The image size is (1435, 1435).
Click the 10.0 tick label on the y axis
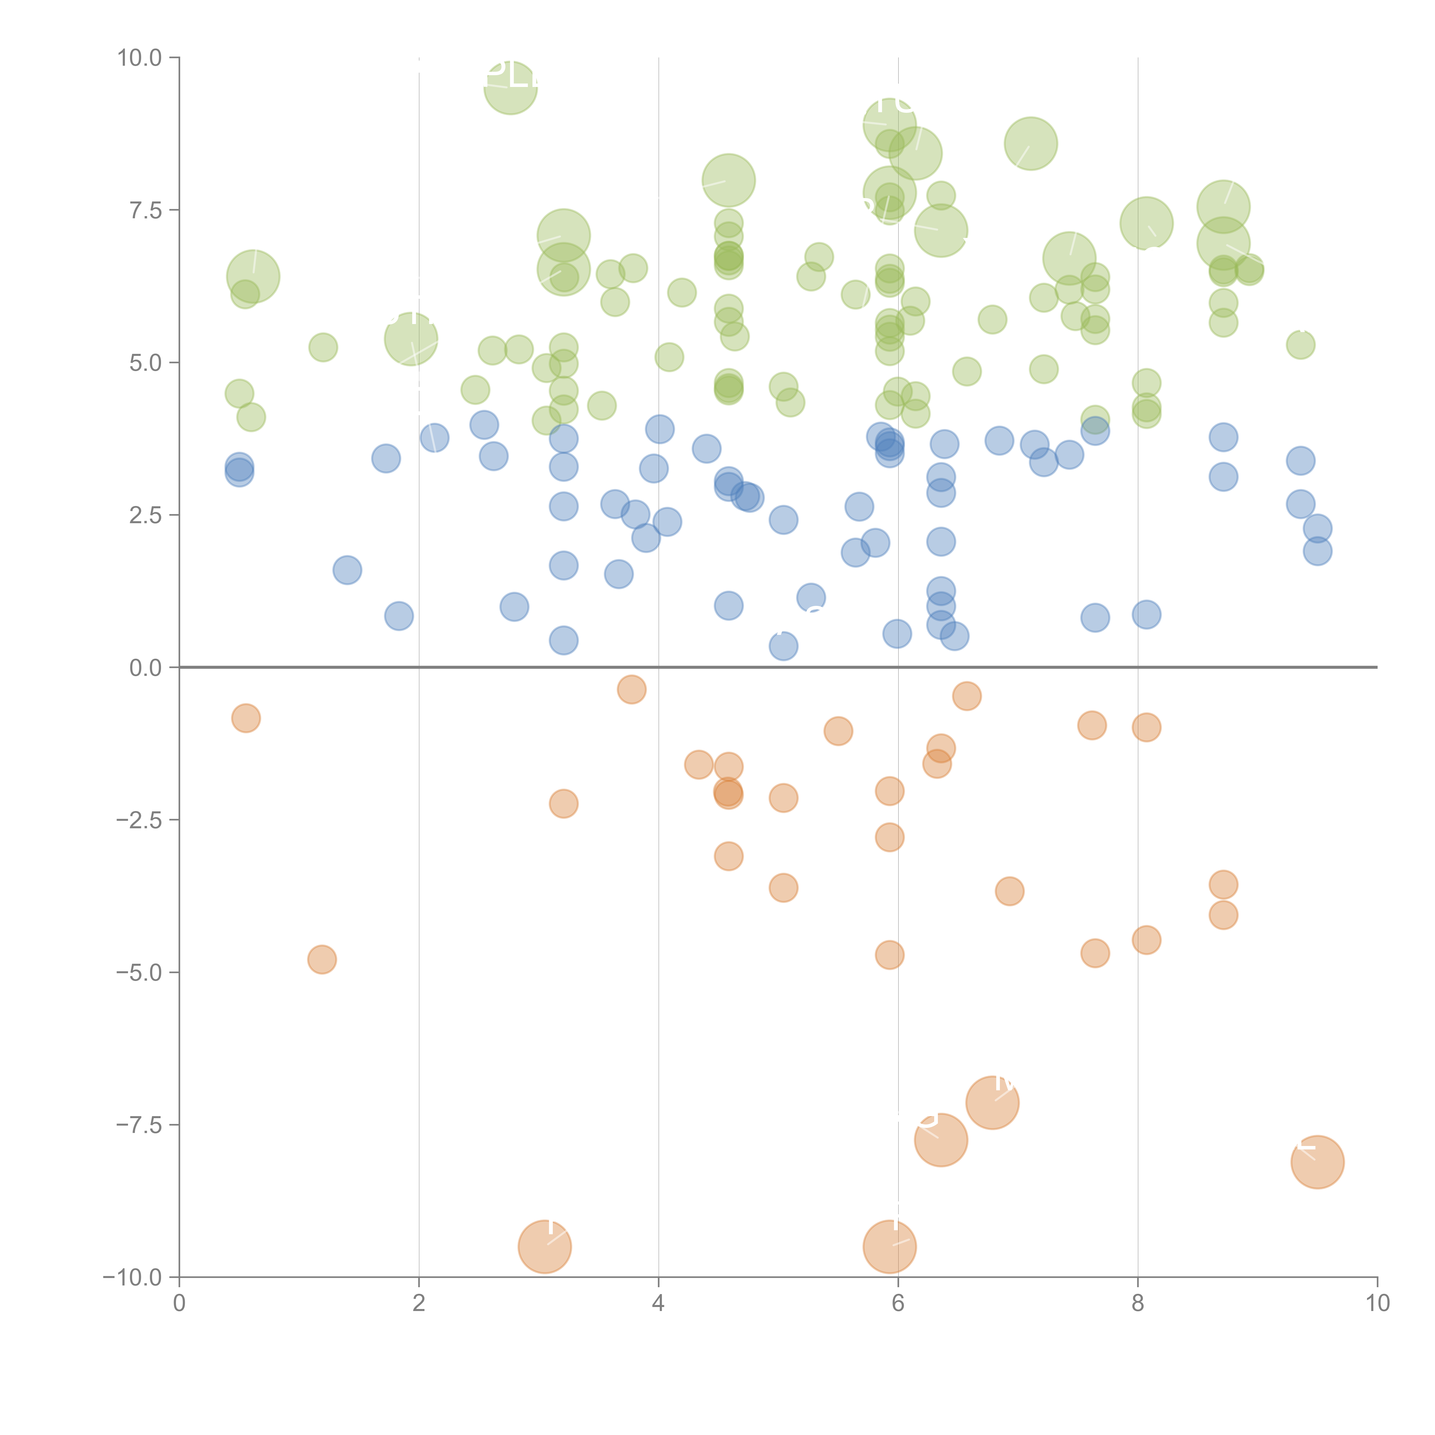click(140, 58)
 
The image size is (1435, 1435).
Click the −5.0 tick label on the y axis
click(140, 972)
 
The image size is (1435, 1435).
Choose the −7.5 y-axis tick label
click(140, 1124)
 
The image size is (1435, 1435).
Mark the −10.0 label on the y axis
click(134, 1277)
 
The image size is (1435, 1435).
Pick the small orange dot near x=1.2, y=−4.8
click(322, 960)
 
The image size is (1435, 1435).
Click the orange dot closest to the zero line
click(631, 689)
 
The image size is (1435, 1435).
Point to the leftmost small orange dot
click(246, 718)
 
